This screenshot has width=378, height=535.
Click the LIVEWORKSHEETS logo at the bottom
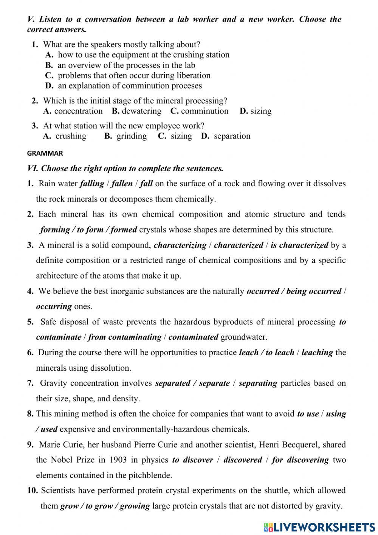point(319,527)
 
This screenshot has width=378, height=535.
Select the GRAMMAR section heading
point(45,153)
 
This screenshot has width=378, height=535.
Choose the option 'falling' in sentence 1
point(92,184)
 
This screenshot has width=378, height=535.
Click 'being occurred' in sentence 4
point(314,291)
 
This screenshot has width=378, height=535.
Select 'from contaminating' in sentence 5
point(125,337)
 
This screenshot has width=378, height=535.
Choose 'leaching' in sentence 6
point(317,353)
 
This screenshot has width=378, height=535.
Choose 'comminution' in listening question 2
point(204,111)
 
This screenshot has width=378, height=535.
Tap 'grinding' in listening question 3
point(132,136)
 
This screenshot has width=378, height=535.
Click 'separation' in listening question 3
point(232,136)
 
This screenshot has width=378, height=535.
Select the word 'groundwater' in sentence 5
point(243,337)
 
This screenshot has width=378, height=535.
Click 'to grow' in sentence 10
point(100,506)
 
